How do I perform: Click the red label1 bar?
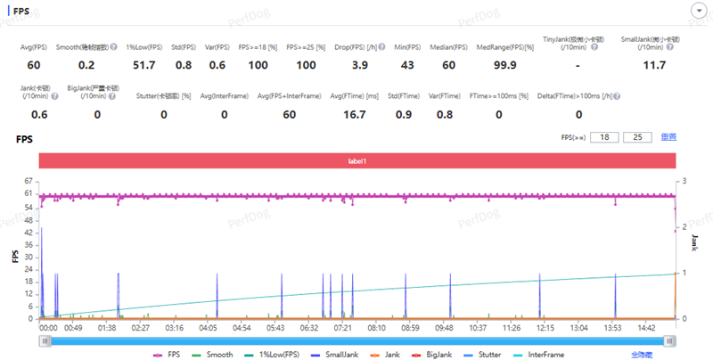click(x=356, y=160)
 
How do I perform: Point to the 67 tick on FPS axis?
click(x=29, y=181)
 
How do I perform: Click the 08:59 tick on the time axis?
click(x=411, y=327)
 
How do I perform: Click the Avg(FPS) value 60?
click(x=34, y=66)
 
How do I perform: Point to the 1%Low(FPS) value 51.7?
click(x=144, y=66)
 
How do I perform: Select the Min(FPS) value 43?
click(x=407, y=66)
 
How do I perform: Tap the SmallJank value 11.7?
click(x=654, y=66)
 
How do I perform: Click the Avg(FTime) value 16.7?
click(x=354, y=114)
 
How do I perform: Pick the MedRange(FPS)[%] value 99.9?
click(x=504, y=66)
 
